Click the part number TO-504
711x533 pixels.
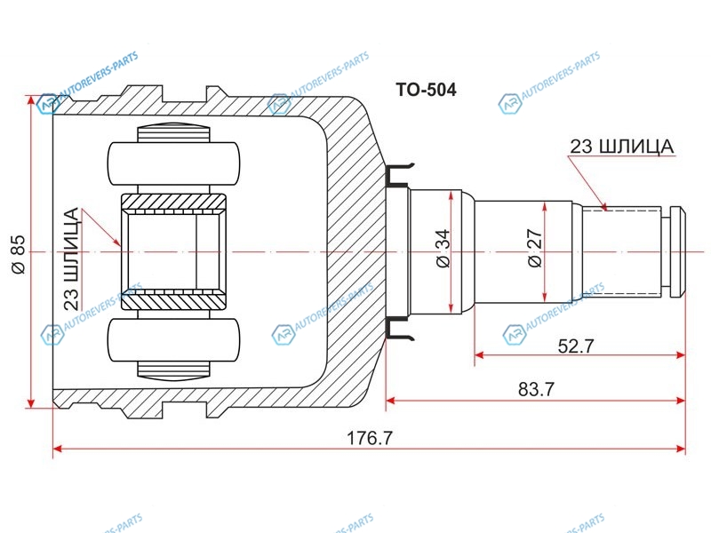pos(426,90)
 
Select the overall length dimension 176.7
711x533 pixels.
pos(369,438)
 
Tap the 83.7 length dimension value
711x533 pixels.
pos(536,389)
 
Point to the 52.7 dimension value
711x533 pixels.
pos(575,346)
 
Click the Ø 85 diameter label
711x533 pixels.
pos(19,254)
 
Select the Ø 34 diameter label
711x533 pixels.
pos(443,248)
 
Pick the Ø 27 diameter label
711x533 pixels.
pos(535,249)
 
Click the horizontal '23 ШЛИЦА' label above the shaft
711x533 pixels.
pos(621,147)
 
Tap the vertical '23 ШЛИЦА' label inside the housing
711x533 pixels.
pos(71,259)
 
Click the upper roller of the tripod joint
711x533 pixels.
pos(173,163)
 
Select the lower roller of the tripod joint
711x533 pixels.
pos(173,340)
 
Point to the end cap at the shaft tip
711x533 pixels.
pos(677,252)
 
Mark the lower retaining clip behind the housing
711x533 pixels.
pos(398,328)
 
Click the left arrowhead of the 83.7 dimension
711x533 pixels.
pos(391,401)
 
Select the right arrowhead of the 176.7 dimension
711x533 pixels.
pos(680,449)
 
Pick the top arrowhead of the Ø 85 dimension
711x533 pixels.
pos(31,100)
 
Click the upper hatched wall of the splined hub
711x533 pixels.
pos(173,203)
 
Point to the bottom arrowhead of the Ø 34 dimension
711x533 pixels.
pos(451,307)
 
